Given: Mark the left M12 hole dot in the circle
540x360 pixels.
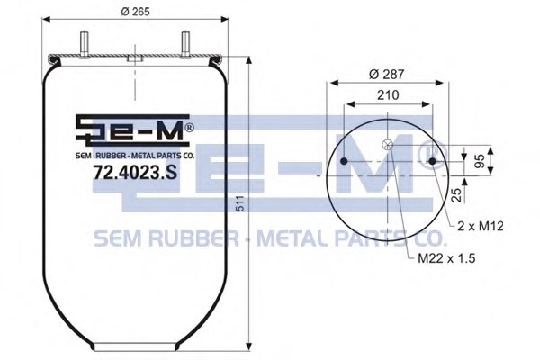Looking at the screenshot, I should [x=345, y=161].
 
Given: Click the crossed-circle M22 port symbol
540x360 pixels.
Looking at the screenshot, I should [x=388, y=146].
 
